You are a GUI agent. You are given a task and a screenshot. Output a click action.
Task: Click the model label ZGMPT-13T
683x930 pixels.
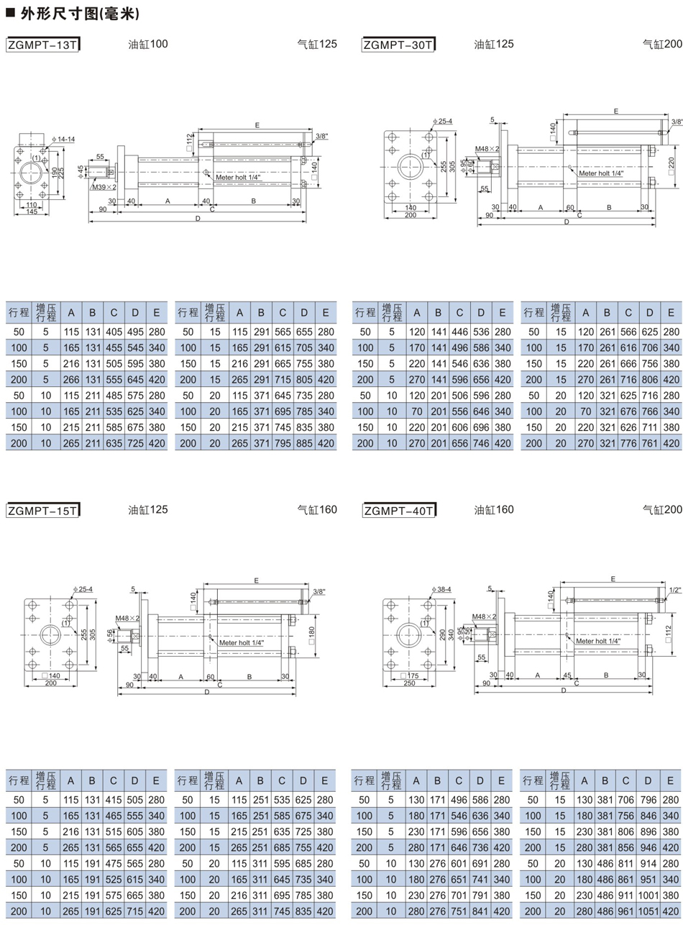42,45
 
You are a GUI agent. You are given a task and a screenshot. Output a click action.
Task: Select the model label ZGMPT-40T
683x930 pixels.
398,510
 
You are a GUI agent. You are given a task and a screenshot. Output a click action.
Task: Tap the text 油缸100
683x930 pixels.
147,44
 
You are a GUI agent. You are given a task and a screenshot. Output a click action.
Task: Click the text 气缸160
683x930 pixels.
317,509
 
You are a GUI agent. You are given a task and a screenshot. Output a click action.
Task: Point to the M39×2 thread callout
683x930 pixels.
104,187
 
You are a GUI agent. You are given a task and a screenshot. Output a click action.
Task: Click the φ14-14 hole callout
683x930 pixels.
63,139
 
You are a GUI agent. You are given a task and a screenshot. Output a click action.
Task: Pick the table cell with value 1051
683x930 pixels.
648,911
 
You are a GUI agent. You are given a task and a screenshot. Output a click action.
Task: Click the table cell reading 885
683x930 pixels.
304,443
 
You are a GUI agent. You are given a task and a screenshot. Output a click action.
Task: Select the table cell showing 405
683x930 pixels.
114,332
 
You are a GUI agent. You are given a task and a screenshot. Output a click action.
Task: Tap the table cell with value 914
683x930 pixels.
648,864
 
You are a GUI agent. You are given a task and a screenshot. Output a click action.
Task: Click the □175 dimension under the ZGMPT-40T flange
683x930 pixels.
409,675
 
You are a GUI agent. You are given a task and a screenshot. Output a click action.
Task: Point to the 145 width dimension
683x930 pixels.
32,211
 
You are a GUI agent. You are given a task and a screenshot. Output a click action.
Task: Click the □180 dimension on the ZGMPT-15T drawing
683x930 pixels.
311,636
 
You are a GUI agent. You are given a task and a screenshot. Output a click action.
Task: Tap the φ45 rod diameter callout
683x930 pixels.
81,171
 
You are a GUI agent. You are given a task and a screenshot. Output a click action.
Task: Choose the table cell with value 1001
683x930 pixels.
648,895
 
